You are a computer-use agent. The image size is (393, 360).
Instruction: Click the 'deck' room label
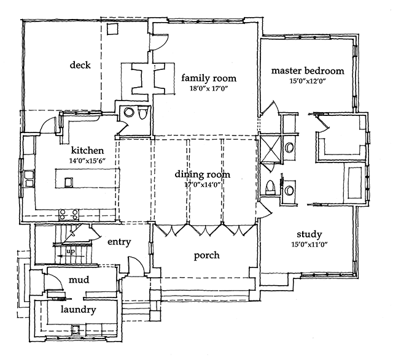(x=80, y=66)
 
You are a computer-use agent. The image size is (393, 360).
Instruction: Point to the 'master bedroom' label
(x=308, y=71)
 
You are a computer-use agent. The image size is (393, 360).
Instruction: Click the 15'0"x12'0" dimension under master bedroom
(x=308, y=80)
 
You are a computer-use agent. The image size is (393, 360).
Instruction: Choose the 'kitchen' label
(x=87, y=150)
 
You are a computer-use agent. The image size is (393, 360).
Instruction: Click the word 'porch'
(x=207, y=256)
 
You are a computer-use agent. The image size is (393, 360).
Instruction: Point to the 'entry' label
(x=119, y=242)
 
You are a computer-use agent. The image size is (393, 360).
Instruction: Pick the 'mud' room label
(x=79, y=280)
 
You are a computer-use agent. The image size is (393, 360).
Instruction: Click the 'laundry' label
(x=77, y=310)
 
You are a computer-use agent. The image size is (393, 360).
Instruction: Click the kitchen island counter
(x=87, y=180)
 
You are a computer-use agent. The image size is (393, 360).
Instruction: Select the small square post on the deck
(x=112, y=29)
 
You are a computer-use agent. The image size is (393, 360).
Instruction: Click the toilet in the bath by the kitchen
(x=142, y=113)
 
